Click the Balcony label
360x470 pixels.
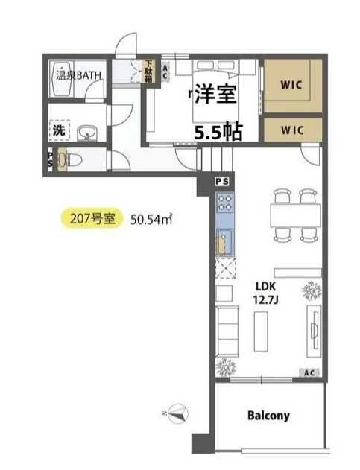(268, 416)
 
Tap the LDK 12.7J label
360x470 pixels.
(265, 293)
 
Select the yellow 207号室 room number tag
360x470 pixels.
(92, 218)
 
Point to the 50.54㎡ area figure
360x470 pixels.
(151, 220)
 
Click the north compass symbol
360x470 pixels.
(177, 413)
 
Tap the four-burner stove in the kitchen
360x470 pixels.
(225, 202)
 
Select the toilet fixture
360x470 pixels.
(70, 159)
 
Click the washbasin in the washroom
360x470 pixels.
(87, 133)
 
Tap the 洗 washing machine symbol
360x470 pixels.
(60, 130)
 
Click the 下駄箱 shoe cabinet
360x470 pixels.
(148, 71)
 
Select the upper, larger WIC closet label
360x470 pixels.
(291, 85)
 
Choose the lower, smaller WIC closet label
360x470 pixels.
(292, 130)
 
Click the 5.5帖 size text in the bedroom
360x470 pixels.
(218, 132)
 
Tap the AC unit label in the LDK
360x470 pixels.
(309, 373)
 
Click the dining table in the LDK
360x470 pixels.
(295, 215)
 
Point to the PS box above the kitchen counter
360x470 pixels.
(222, 182)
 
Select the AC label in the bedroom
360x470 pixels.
(165, 72)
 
